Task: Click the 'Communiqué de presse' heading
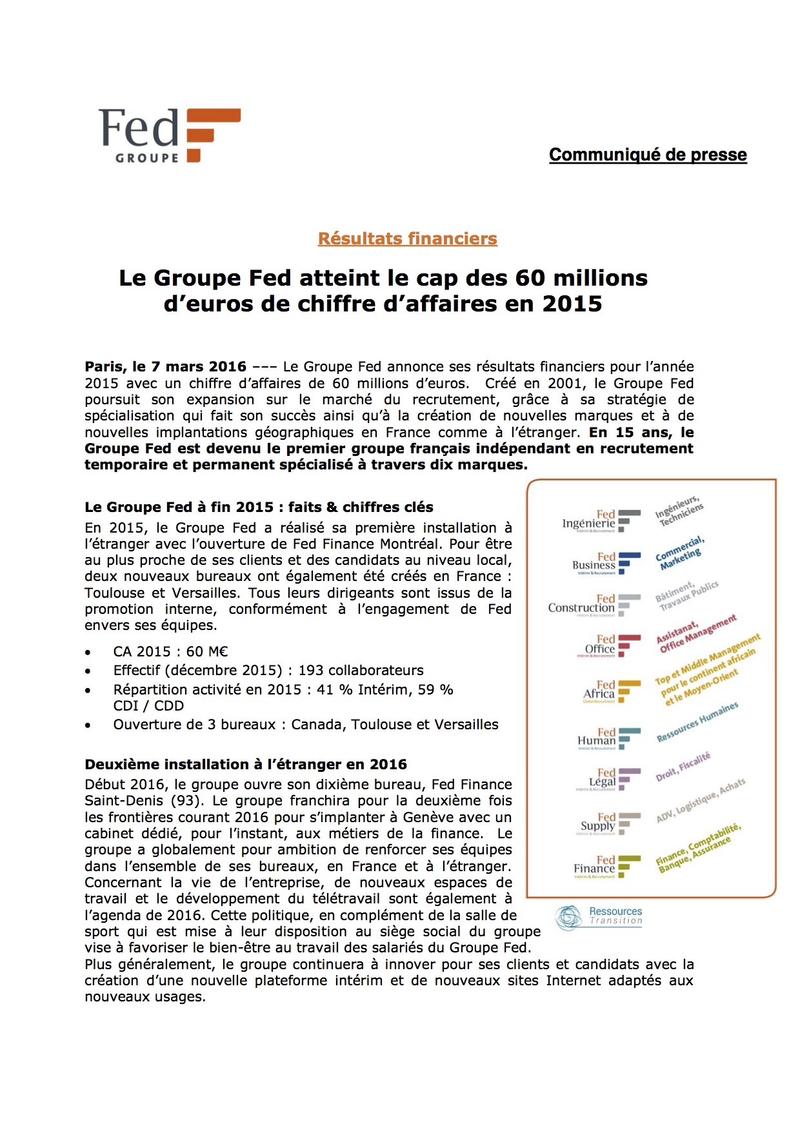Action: [x=648, y=155]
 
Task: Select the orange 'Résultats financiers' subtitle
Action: [x=407, y=239]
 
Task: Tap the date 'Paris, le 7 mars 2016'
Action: [x=165, y=367]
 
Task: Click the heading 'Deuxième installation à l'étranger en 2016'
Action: [x=246, y=765]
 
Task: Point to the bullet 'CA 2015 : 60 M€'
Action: [x=170, y=652]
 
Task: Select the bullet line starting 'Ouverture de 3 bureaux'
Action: [x=305, y=725]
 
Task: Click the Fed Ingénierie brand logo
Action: [x=601, y=520]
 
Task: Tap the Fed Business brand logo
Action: [x=606, y=562]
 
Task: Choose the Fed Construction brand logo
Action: [x=594, y=605]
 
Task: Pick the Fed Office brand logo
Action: [x=608, y=645]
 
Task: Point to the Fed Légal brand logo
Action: [x=610, y=779]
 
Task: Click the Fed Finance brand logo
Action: [x=606, y=866]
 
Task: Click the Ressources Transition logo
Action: [x=599, y=916]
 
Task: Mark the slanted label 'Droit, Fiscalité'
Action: [x=683, y=767]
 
